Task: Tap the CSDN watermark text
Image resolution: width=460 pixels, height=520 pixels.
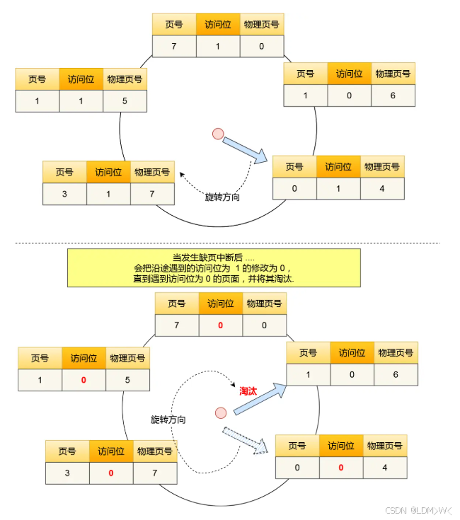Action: tap(417, 510)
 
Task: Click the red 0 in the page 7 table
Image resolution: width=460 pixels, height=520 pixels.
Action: tap(220, 325)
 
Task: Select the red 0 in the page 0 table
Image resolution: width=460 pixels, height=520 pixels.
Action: tap(340, 468)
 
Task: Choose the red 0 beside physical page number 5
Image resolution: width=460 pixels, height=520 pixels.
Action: tap(84, 380)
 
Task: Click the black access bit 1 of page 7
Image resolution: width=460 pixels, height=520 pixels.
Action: tap(218, 46)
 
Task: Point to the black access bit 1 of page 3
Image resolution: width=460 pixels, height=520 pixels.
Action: tap(108, 194)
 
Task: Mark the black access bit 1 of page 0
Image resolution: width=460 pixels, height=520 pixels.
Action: tap(338, 188)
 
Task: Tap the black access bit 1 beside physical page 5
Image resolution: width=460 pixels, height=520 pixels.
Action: tap(81, 101)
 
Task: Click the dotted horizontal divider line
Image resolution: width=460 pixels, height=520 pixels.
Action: tap(226, 243)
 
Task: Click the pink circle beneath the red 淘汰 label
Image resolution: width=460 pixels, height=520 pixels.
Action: tap(221, 412)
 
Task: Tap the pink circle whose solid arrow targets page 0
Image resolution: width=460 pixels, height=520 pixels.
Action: tap(218, 133)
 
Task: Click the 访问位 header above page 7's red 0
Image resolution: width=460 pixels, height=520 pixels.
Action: tap(220, 304)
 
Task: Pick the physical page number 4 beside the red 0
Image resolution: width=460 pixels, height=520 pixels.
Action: tap(384, 468)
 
